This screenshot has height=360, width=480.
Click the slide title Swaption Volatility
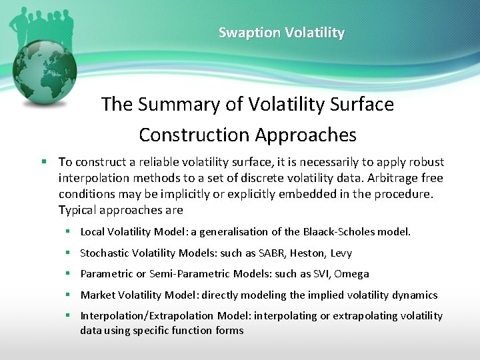(281, 33)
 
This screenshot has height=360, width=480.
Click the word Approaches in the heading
(304, 135)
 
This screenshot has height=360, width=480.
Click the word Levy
(341, 253)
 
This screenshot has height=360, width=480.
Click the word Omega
(352, 274)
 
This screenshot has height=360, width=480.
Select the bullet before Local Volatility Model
(68, 232)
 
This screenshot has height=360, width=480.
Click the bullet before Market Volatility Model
(68, 295)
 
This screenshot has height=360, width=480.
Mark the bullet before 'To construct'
(43, 162)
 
